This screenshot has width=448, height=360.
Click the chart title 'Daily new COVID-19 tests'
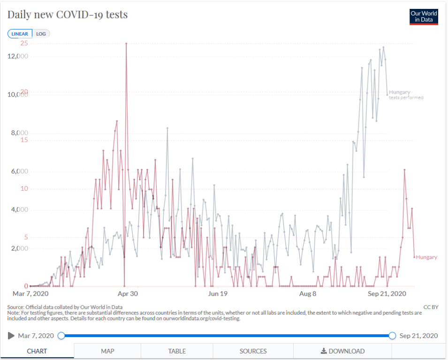(x=68, y=15)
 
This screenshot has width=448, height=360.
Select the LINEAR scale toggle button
(x=20, y=34)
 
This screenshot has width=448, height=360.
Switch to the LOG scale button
(x=41, y=34)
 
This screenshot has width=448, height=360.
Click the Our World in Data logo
(x=424, y=17)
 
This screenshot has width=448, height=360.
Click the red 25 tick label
(x=24, y=43)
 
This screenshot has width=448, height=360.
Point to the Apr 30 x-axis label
(x=128, y=294)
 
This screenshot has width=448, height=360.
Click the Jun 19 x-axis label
(x=217, y=294)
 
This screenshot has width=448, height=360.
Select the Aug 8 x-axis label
(x=308, y=294)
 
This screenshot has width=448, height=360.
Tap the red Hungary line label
(x=426, y=257)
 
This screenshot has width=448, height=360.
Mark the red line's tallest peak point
(x=126, y=44)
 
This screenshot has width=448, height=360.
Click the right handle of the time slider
(x=392, y=336)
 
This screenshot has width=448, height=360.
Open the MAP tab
(x=107, y=351)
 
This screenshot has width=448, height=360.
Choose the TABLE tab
(x=177, y=351)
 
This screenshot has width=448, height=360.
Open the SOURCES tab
(x=253, y=351)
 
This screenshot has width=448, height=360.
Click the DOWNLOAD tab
(x=342, y=351)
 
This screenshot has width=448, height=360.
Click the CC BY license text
(x=431, y=307)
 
